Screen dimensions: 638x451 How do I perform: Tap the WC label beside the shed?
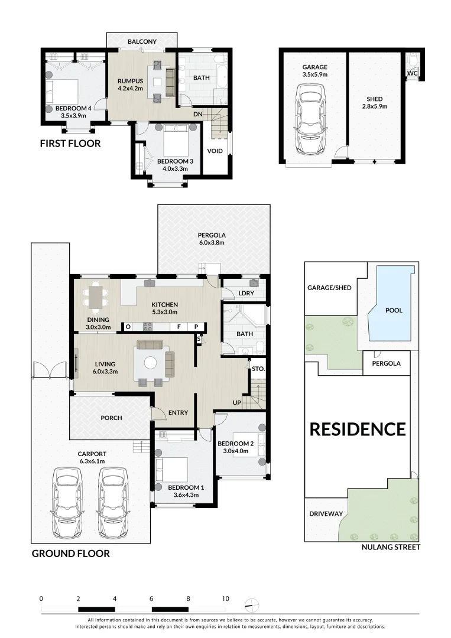412,74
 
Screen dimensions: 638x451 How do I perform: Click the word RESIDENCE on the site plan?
358,429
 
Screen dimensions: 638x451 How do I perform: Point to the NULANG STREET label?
390,548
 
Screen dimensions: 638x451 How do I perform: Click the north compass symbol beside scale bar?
252,604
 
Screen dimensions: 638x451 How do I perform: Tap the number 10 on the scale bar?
225,598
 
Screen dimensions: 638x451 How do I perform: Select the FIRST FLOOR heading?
70,144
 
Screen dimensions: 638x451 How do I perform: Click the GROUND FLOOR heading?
70,554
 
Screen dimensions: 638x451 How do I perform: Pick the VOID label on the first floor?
215,151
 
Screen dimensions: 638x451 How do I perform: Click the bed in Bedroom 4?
64,91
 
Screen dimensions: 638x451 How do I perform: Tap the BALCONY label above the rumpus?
142,41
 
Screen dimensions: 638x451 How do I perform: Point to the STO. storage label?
258,369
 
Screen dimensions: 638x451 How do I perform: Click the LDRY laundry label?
246,293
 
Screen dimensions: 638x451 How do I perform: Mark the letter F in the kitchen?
178,326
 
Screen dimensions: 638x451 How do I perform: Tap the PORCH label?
111,418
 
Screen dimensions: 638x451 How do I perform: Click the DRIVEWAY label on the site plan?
326,514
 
